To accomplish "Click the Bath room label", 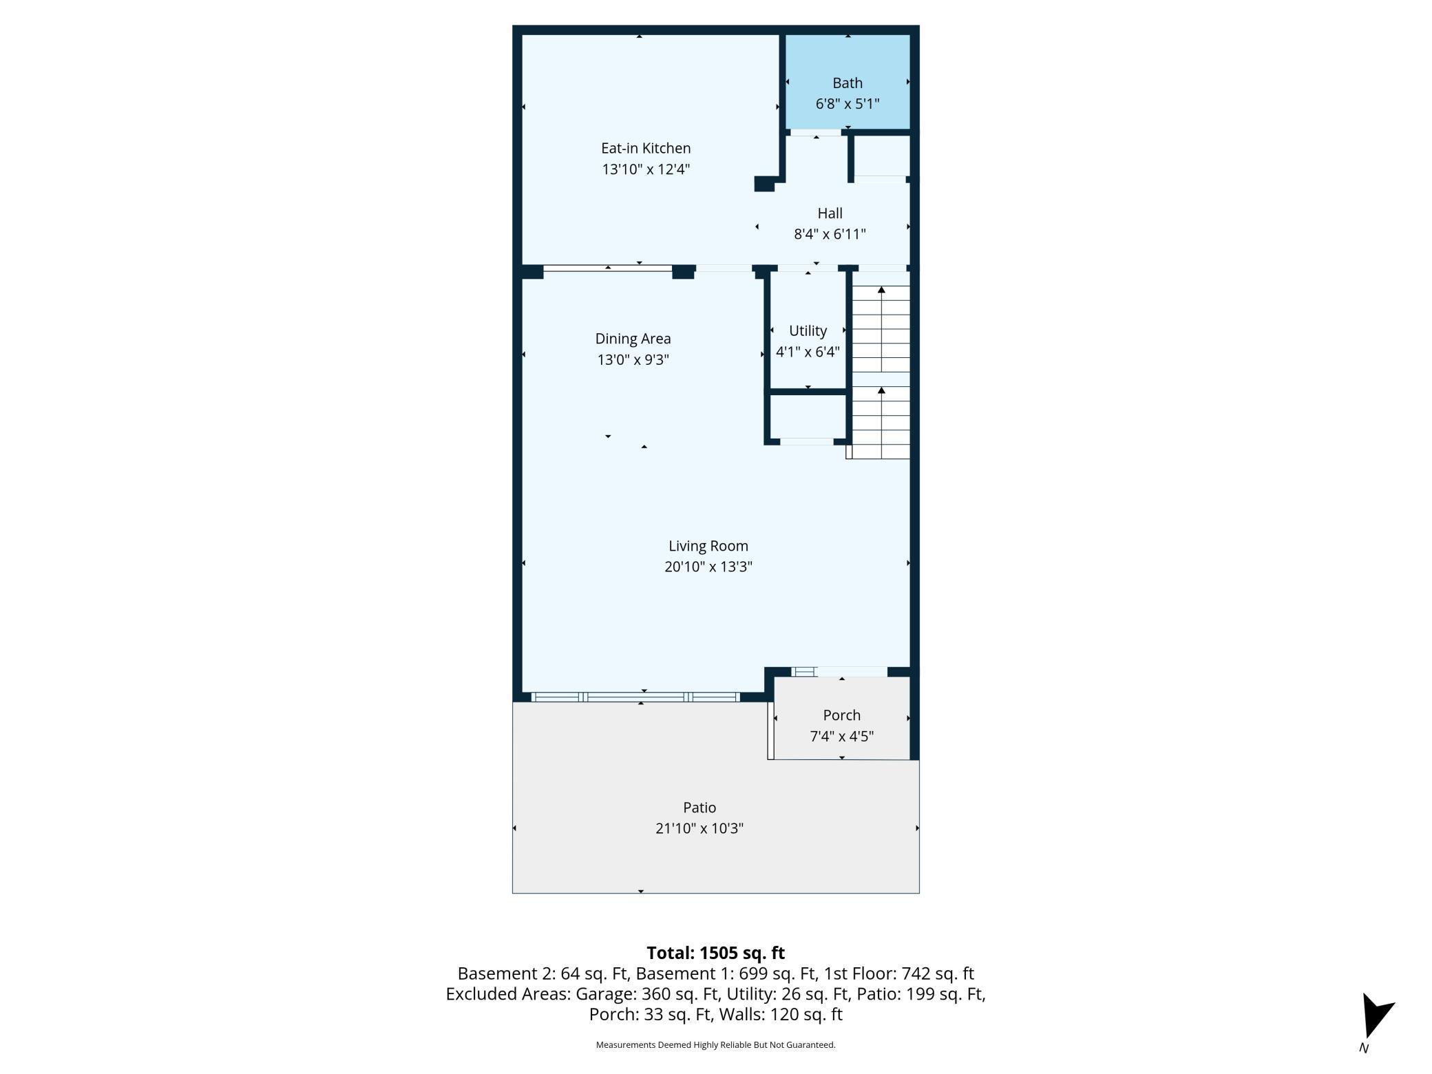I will [x=847, y=83].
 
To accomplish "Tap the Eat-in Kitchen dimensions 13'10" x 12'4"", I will [x=645, y=169].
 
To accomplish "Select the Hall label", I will [x=830, y=213].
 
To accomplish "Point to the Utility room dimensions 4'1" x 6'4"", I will [x=808, y=352].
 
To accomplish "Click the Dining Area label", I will [x=633, y=339].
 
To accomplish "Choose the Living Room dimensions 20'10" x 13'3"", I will [x=708, y=567].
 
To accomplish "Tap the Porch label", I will [x=841, y=715].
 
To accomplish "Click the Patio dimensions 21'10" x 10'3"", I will [x=699, y=828].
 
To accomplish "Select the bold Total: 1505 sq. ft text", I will [x=715, y=953].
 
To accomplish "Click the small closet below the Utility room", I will [x=808, y=417].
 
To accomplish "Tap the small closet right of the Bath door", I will [x=881, y=156].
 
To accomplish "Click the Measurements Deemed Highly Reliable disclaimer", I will [x=715, y=1045].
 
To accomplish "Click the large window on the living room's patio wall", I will [x=635, y=697].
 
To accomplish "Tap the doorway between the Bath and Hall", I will [x=815, y=132].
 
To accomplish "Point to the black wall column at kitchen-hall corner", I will [x=764, y=184].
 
